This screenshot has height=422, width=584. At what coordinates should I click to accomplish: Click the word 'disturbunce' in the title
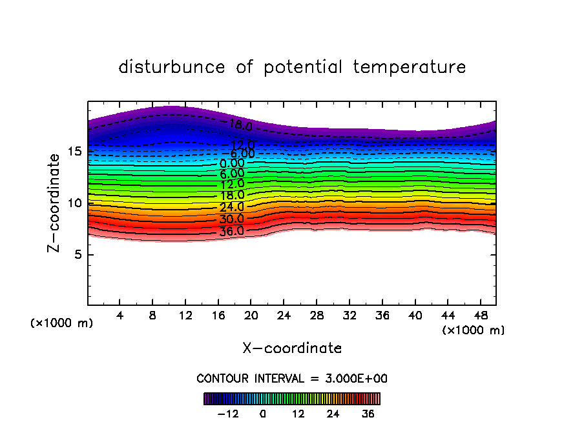coord(172,67)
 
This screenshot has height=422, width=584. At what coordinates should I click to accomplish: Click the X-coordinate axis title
coord(292,348)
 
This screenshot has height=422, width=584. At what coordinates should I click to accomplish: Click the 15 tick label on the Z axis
coord(75,152)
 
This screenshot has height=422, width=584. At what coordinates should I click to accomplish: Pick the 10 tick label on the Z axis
coord(75,203)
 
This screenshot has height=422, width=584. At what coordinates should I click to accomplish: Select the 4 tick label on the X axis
coord(120,316)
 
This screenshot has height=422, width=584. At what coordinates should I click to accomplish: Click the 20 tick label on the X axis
coord(251,316)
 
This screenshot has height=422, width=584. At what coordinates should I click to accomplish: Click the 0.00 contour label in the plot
coord(232,164)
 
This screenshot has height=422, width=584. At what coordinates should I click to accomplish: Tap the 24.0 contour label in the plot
coord(232,207)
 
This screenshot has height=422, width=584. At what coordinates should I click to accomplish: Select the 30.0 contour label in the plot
coord(232,219)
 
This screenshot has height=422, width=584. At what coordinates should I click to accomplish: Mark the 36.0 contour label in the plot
coord(232,231)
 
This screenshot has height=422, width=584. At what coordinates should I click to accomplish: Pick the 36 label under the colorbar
coord(368,414)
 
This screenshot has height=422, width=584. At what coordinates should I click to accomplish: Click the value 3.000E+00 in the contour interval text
coord(355,379)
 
